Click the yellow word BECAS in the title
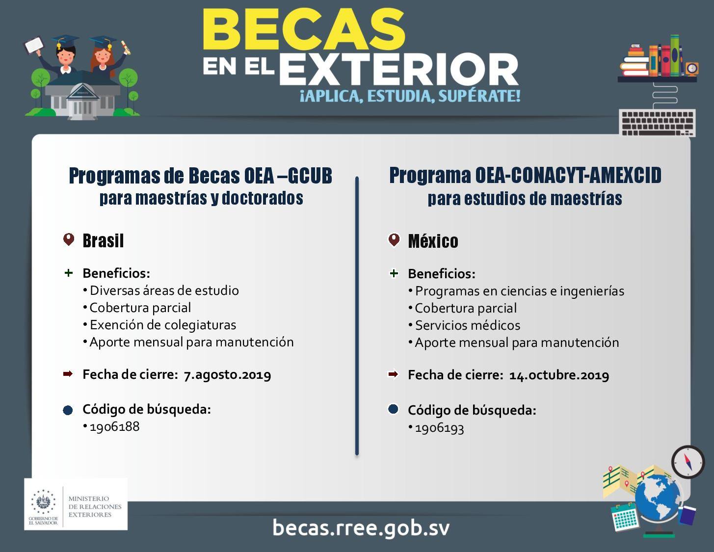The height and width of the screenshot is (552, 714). pyautogui.click(x=304, y=29)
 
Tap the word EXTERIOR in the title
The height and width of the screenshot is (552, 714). pyautogui.click(x=399, y=70)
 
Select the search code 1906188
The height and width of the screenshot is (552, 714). pyautogui.click(x=115, y=426)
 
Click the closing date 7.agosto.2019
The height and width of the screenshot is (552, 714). pyautogui.click(x=227, y=375)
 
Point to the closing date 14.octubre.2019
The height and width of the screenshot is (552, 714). pyautogui.click(x=559, y=375)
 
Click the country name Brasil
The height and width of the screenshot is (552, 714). pyautogui.click(x=103, y=241)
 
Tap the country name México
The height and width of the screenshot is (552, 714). pyautogui.click(x=433, y=241)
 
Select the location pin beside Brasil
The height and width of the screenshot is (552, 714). pyautogui.click(x=69, y=239)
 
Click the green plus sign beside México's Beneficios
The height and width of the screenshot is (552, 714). pyautogui.click(x=394, y=273)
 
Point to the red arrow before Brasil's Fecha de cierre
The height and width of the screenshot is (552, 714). pyautogui.click(x=68, y=374)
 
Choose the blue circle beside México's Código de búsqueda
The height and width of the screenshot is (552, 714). pyautogui.click(x=393, y=409)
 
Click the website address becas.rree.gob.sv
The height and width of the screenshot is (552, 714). pyautogui.click(x=361, y=528)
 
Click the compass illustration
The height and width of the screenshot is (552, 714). pyautogui.click(x=688, y=462)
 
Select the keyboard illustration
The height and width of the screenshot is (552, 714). pyautogui.click(x=657, y=123)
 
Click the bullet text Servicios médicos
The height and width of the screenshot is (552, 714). pyautogui.click(x=468, y=325)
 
